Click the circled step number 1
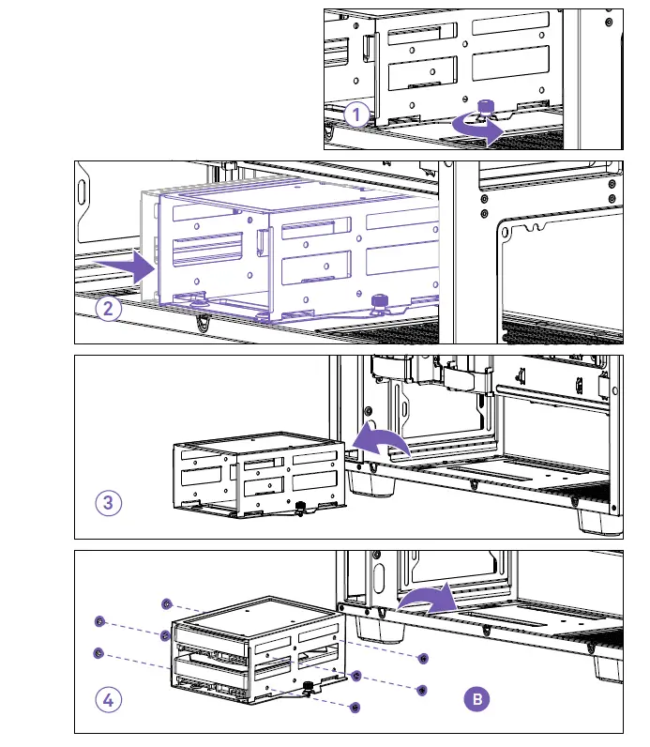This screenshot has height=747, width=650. point(355,114)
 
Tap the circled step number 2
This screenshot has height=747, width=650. point(109,308)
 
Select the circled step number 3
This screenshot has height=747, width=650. point(109,502)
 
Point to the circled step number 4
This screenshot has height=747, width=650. point(109,698)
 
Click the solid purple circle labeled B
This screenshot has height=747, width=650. point(477,698)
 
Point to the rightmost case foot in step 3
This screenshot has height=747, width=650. point(595,519)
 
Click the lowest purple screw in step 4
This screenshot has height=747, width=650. point(355,706)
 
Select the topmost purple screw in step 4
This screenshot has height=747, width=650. point(166,602)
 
